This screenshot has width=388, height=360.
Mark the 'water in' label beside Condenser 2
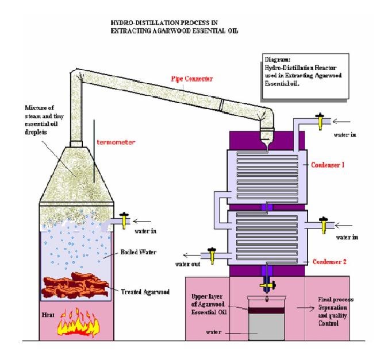tap(344, 235)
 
